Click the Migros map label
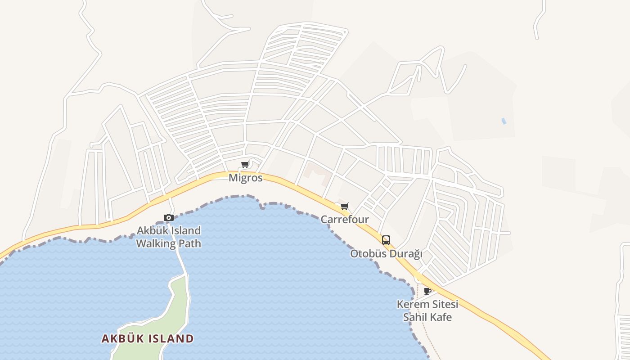245,178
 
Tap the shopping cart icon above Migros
245,165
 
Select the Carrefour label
345,220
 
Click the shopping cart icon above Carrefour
344,207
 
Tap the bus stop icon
386,240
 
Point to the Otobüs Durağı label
386,254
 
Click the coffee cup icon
427,292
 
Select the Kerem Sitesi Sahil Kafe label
427,310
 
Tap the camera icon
169,218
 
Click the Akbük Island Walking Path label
169,237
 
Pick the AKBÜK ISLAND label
148,338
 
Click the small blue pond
504,121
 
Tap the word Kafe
439,317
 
